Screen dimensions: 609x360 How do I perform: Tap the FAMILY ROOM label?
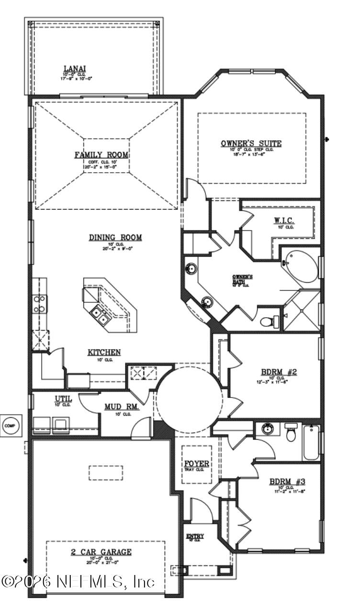point(101,155)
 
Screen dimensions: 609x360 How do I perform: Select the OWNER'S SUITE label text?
point(251,144)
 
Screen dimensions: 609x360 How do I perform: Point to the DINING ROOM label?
point(115,238)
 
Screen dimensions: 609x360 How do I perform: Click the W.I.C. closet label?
point(284,221)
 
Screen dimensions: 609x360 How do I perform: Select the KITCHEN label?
point(104,353)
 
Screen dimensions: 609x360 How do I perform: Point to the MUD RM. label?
point(122,407)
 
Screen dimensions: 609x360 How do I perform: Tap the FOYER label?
point(197,464)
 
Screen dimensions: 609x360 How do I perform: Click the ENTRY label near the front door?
point(195,536)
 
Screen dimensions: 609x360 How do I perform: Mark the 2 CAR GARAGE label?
point(101,552)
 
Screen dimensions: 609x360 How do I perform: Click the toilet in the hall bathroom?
point(291,433)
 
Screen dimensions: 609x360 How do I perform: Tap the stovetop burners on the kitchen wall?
point(39,304)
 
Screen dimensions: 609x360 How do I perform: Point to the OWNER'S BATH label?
point(242,277)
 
